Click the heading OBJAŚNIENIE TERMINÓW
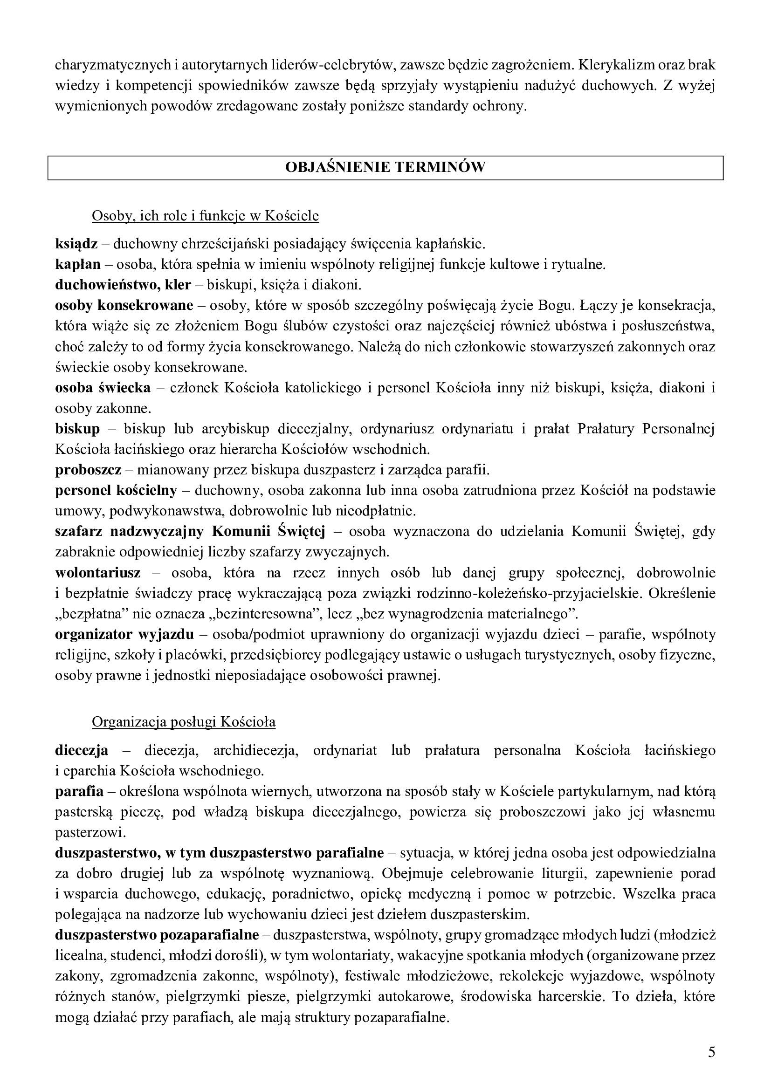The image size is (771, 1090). (385, 167)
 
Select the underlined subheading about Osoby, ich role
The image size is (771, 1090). (205, 216)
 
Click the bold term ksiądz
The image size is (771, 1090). (76, 244)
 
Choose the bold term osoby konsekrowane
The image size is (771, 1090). (124, 305)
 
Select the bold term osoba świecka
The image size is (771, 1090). (103, 388)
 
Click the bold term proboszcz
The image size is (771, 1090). (88, 470)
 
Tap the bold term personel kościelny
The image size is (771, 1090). (116, 490)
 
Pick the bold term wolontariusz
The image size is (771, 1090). (98, 573)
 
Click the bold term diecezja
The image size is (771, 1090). (82, 751)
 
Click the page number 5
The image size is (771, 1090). (711, 1037)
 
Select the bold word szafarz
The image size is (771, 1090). (79, 532)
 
